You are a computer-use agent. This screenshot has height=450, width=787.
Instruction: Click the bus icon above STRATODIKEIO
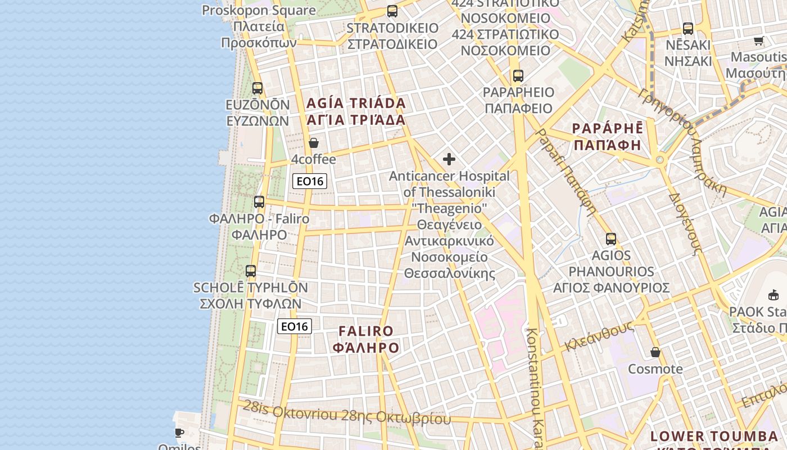pos(392,11)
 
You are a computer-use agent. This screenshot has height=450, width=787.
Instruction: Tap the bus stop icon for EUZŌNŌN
pos(257,88)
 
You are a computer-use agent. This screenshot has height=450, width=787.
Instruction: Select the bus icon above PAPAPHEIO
pos(518,75)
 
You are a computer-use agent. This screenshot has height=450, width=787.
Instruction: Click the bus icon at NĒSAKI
pos(688,28)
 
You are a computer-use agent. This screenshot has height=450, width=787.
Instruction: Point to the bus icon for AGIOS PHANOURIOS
pos(611,238)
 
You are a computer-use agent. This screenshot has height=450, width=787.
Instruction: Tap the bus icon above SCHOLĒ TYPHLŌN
pos(251,271)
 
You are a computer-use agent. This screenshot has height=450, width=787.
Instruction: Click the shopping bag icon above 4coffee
pos(314,143)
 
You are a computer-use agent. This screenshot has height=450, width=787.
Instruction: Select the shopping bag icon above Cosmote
pos(655,352)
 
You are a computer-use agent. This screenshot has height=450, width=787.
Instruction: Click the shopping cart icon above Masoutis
pos(758,40)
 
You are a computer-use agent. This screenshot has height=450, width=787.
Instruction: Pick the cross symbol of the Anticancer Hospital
pos(449,159)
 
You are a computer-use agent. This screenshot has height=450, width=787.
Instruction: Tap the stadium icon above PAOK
pos(774,294)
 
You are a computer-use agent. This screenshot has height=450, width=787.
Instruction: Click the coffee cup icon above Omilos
pos(179,433)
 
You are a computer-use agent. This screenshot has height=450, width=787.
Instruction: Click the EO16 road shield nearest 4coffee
pos(310,181)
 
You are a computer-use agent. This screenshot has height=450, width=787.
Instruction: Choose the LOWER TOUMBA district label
pos(714,436)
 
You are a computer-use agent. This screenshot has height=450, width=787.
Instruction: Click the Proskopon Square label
pos(259,10)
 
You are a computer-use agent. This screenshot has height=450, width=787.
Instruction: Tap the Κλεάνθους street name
pos(599,336)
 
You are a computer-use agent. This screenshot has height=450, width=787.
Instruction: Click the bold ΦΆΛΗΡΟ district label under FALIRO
pos(366,348)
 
